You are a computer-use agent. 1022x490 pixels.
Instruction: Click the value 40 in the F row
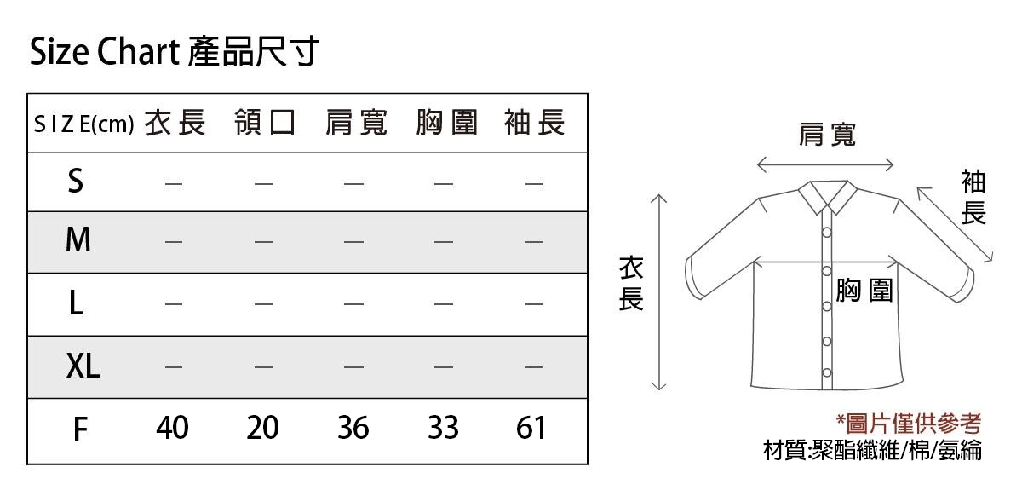172,428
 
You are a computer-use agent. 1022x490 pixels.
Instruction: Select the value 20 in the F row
262,428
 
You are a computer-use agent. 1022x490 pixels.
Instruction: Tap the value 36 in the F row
353,428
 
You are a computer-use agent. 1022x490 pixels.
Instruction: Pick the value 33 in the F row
443,428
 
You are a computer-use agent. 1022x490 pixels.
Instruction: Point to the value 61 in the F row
531,428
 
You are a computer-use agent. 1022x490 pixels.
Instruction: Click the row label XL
83,366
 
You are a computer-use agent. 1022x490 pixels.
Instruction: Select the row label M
78,239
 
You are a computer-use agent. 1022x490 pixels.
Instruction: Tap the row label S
76,181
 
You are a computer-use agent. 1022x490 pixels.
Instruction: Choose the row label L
76,303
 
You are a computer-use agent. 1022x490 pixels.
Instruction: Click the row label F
80,429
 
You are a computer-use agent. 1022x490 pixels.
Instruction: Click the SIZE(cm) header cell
84,124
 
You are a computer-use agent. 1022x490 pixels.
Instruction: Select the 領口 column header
265,123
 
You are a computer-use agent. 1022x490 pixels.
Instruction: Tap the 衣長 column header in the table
175,123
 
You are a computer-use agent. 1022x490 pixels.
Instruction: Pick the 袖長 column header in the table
535,123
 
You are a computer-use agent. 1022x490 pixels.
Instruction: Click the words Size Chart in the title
105,51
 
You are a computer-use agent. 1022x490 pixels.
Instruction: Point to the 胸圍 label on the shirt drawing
864,290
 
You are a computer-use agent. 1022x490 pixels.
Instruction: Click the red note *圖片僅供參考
909,424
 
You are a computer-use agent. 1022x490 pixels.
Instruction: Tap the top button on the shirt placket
827,233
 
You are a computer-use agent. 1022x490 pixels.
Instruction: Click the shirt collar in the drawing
828,197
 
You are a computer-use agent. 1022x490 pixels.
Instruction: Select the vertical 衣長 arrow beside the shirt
659,292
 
